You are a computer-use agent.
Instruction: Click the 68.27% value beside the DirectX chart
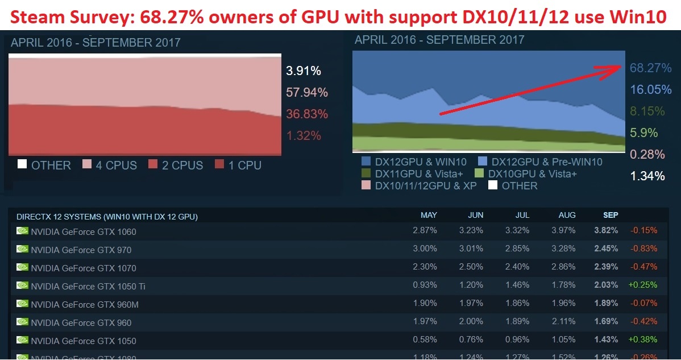651,68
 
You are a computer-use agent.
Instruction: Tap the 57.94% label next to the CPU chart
307,92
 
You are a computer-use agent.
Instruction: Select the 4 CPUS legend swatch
88,165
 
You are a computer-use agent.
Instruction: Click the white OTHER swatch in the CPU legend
22,165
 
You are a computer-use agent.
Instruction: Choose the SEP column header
611,216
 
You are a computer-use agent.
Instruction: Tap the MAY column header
429,216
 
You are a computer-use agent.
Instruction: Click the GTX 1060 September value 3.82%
606,231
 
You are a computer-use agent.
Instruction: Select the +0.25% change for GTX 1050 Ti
643,285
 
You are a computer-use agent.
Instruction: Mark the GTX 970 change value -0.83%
643,249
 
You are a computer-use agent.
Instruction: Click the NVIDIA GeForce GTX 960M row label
85,304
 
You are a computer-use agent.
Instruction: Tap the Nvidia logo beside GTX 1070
23,267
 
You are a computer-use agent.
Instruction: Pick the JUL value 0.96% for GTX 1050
517,341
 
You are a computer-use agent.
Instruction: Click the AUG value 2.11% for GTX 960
564,322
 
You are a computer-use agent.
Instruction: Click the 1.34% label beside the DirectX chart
647,176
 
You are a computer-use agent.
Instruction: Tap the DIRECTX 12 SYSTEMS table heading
107,217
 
